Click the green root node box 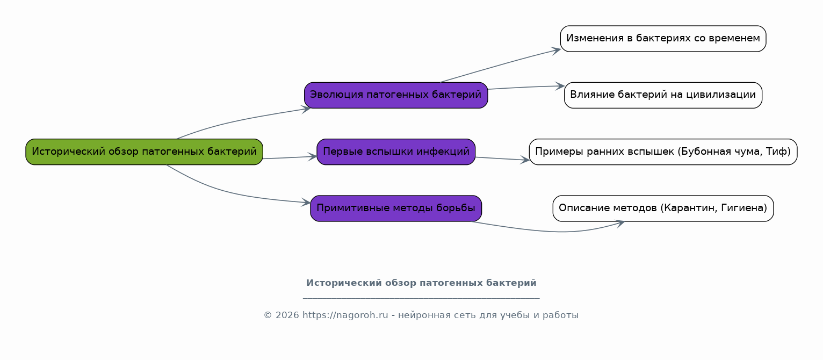point(144,152)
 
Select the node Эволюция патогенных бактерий point(396,95)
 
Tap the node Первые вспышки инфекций point(396,152)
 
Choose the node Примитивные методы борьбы point(396,208)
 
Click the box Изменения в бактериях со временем point(663,39)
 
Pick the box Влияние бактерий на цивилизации point(663,95)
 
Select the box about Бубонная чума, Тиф point(663,152)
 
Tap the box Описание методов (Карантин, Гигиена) point(663,208)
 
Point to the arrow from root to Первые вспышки point(290,157)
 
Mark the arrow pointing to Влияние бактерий point(526,88)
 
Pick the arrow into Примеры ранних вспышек point(502,159)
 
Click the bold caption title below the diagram point(421,283)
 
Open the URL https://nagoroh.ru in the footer point(345,315)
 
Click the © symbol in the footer point(268,315)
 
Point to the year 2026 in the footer point(287,315)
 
